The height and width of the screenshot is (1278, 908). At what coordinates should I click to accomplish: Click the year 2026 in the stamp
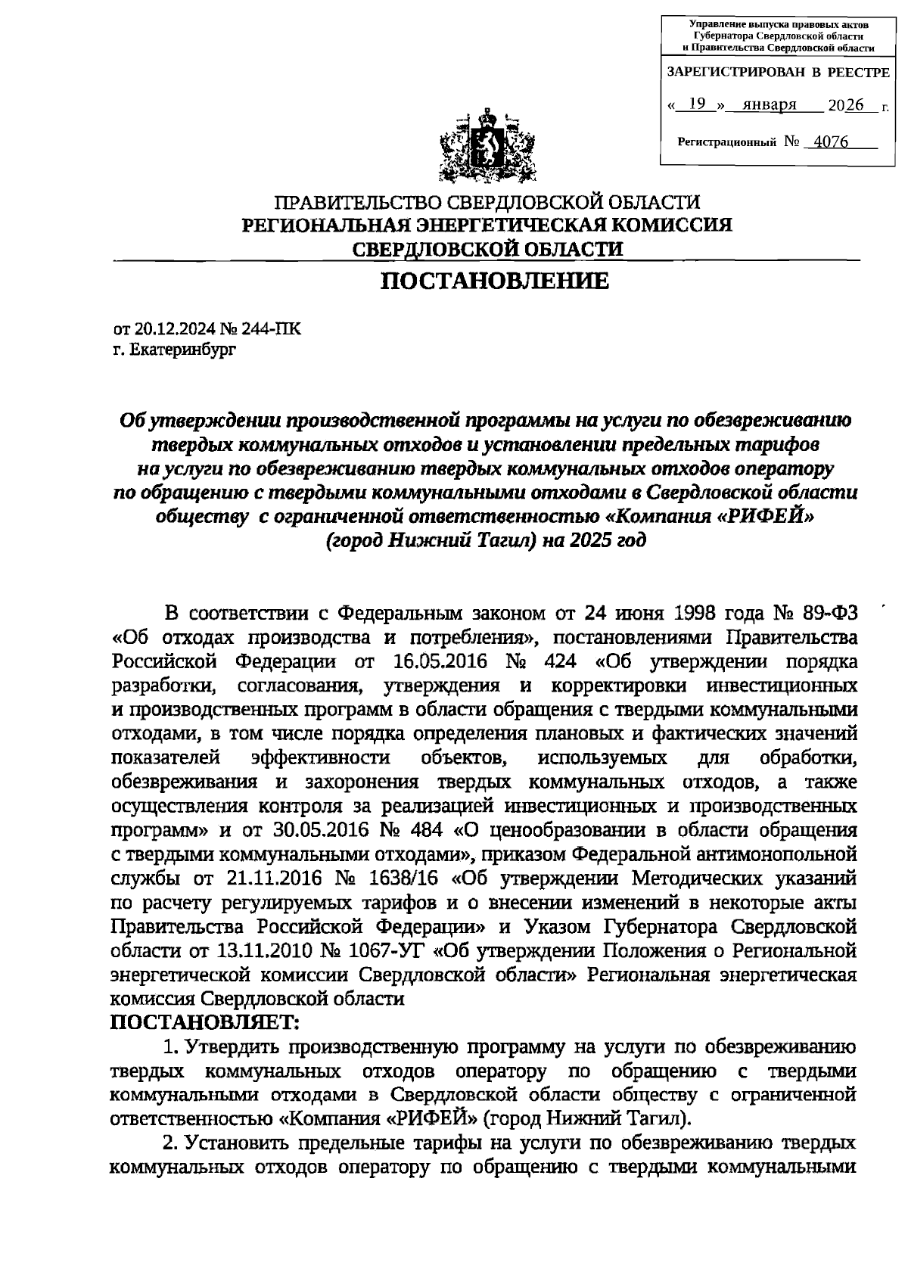click(x=846, y=105)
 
